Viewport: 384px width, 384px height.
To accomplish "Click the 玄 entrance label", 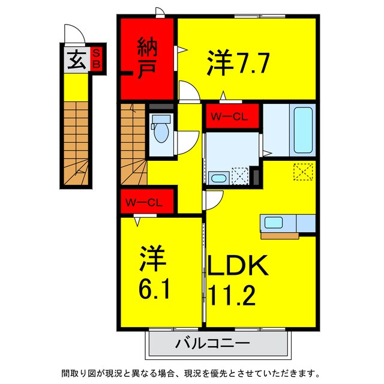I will pos(75,60).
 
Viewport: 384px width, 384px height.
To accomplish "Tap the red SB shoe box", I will pos(96,60).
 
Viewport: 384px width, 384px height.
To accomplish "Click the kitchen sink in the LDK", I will pos(274,223).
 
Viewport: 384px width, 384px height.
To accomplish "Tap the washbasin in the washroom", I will pos(218,178).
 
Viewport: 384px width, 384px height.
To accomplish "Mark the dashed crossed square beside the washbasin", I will pos(241,176).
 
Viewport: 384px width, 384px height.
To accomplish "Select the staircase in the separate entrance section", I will pos(76,143).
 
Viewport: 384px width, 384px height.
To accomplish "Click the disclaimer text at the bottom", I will pos(191,372).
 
